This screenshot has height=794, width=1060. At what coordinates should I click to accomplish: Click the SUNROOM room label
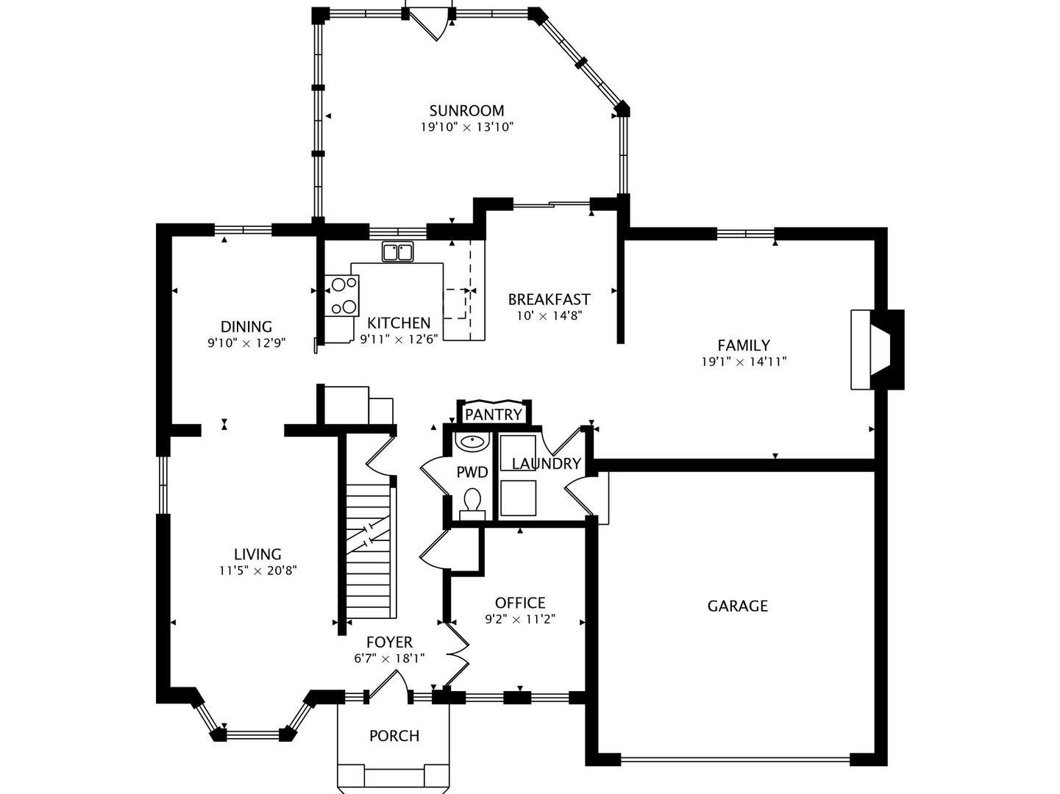(466, 111)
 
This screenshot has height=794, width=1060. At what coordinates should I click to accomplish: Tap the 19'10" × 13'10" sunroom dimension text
(466, 127)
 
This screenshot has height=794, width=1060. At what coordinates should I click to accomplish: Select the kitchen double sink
(398, 252)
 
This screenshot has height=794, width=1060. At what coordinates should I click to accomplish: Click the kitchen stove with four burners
(342, 296)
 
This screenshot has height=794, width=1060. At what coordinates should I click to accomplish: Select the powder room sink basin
(471, 443)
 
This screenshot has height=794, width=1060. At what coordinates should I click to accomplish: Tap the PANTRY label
(493, 415)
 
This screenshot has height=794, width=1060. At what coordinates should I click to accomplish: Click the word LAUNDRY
(546, 464)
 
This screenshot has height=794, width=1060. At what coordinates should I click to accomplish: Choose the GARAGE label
(737, 606)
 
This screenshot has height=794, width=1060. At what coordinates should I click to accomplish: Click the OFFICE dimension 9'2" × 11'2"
(519, 620)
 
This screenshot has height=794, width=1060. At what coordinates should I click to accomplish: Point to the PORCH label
(394, 736)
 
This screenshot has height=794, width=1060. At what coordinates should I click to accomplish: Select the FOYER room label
(389, 643)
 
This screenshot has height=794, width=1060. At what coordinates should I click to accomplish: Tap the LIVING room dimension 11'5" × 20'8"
(257, 571)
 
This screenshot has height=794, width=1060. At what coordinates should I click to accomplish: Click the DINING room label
(246, 326)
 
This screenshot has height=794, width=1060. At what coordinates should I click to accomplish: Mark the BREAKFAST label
(549, 299)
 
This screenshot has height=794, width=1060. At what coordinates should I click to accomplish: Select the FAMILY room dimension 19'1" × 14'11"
(744, 362)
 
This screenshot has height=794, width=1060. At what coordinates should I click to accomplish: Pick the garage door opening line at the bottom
(736, 759)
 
